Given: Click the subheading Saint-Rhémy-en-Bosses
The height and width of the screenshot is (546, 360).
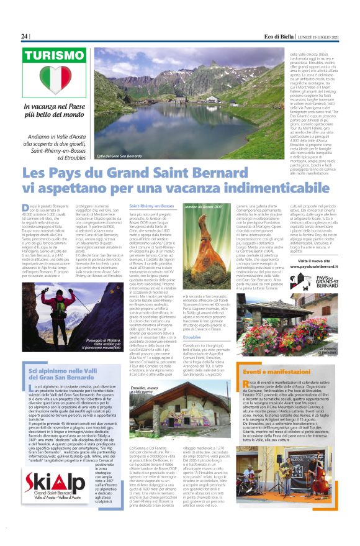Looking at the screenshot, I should pyautogui.click(x=151, y=205).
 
